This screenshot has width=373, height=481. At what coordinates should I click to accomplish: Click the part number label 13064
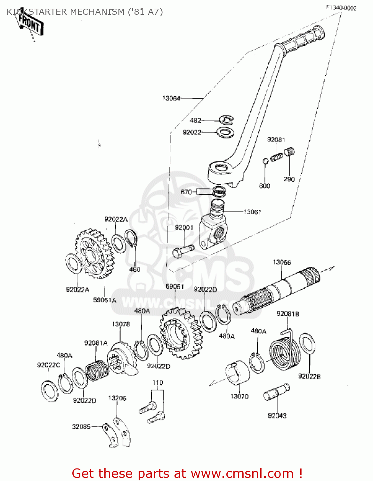[x=171, y=98]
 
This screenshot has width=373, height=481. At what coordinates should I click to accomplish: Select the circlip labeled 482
[x=227, y=120]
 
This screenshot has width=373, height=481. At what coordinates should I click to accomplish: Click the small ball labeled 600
[x=265, y=161]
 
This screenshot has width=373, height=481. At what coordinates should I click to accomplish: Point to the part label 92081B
[x=288, y=314]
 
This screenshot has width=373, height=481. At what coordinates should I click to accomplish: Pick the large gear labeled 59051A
[x=95, y=253]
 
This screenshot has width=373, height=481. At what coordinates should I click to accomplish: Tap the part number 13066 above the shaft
[x=282, y=262]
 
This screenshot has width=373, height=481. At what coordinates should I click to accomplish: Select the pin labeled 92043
[x=276, y=392]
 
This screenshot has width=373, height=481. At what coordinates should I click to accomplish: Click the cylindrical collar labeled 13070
[x=237, y=373]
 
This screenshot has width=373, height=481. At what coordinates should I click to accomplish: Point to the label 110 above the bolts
[x=158, y=383]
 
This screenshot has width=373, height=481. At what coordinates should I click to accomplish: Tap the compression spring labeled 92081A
[x=97, y=370]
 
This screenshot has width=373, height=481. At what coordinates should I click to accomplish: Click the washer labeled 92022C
[x=50, y=391]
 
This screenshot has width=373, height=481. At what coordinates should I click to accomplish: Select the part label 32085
[x=81, y=426]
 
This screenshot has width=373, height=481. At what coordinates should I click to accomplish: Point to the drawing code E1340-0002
[x=341, y=8]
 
